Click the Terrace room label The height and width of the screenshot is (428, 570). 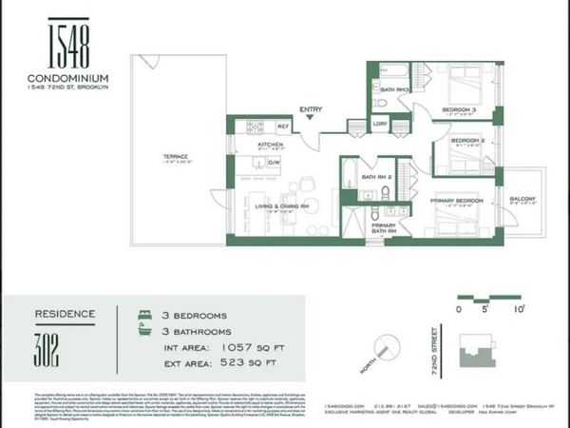[x=180, y=155]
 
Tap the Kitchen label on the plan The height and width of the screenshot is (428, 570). [x=272, y=145]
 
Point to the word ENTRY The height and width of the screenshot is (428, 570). [x=310, y=109]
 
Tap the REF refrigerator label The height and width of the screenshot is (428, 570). [x=282, y=126]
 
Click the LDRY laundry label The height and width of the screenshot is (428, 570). [x=380, y=124]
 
